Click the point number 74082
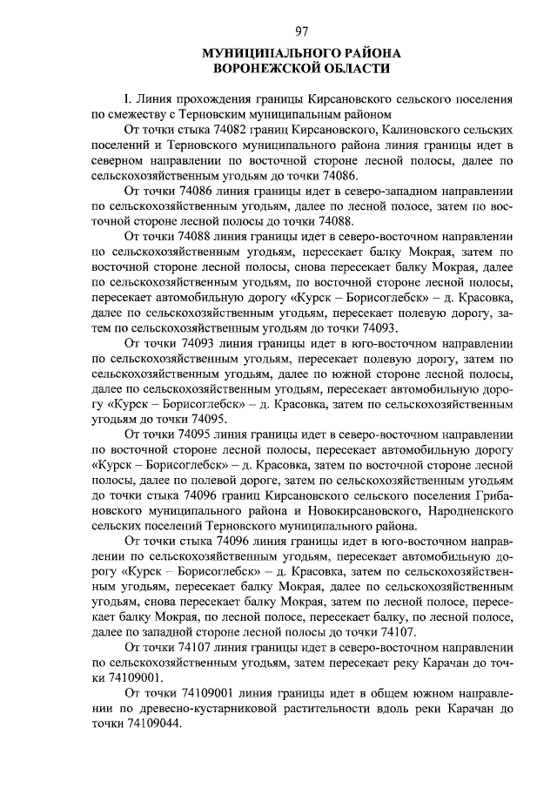[218, 129]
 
